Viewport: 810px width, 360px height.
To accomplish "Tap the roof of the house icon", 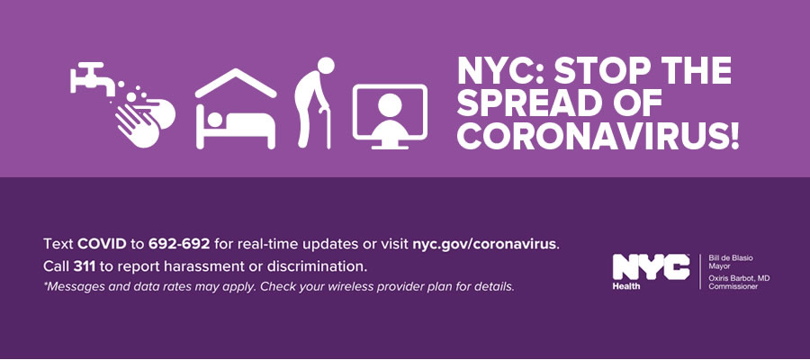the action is tap(236, 83).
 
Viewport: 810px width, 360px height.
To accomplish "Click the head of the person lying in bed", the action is tap(214, 120).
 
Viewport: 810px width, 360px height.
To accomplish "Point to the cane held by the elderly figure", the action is tap(326, 128).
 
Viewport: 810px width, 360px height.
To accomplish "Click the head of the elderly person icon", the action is tap(326, 66).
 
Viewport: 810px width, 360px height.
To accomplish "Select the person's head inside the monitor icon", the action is tap(390, 105).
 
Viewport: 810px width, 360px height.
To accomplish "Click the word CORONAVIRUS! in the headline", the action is tap(598, 135).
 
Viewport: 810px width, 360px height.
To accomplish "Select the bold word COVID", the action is tap(102, 244).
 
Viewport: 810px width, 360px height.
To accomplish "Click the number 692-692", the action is tap(179, 244).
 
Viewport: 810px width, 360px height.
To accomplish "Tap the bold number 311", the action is tap(84, 267).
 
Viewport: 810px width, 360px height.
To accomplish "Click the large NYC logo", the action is tap(651, 267).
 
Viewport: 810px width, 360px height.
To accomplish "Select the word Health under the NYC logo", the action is tap(626, 286).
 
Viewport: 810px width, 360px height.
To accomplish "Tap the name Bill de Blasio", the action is tap(728, 257).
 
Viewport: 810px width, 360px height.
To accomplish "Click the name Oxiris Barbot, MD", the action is tap(739, 278).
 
